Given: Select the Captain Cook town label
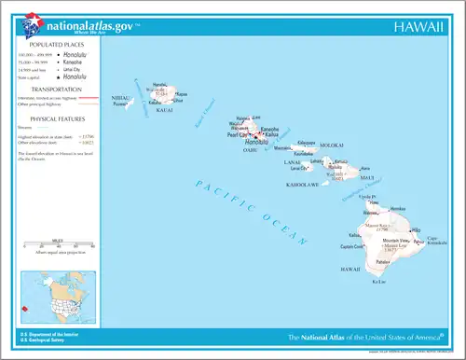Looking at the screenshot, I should [352, 246].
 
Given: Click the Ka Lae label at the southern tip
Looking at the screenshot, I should [377, 281].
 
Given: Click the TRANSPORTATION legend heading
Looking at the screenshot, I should [58, 90].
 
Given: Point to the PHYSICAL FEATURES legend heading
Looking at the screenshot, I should [58, 118].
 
